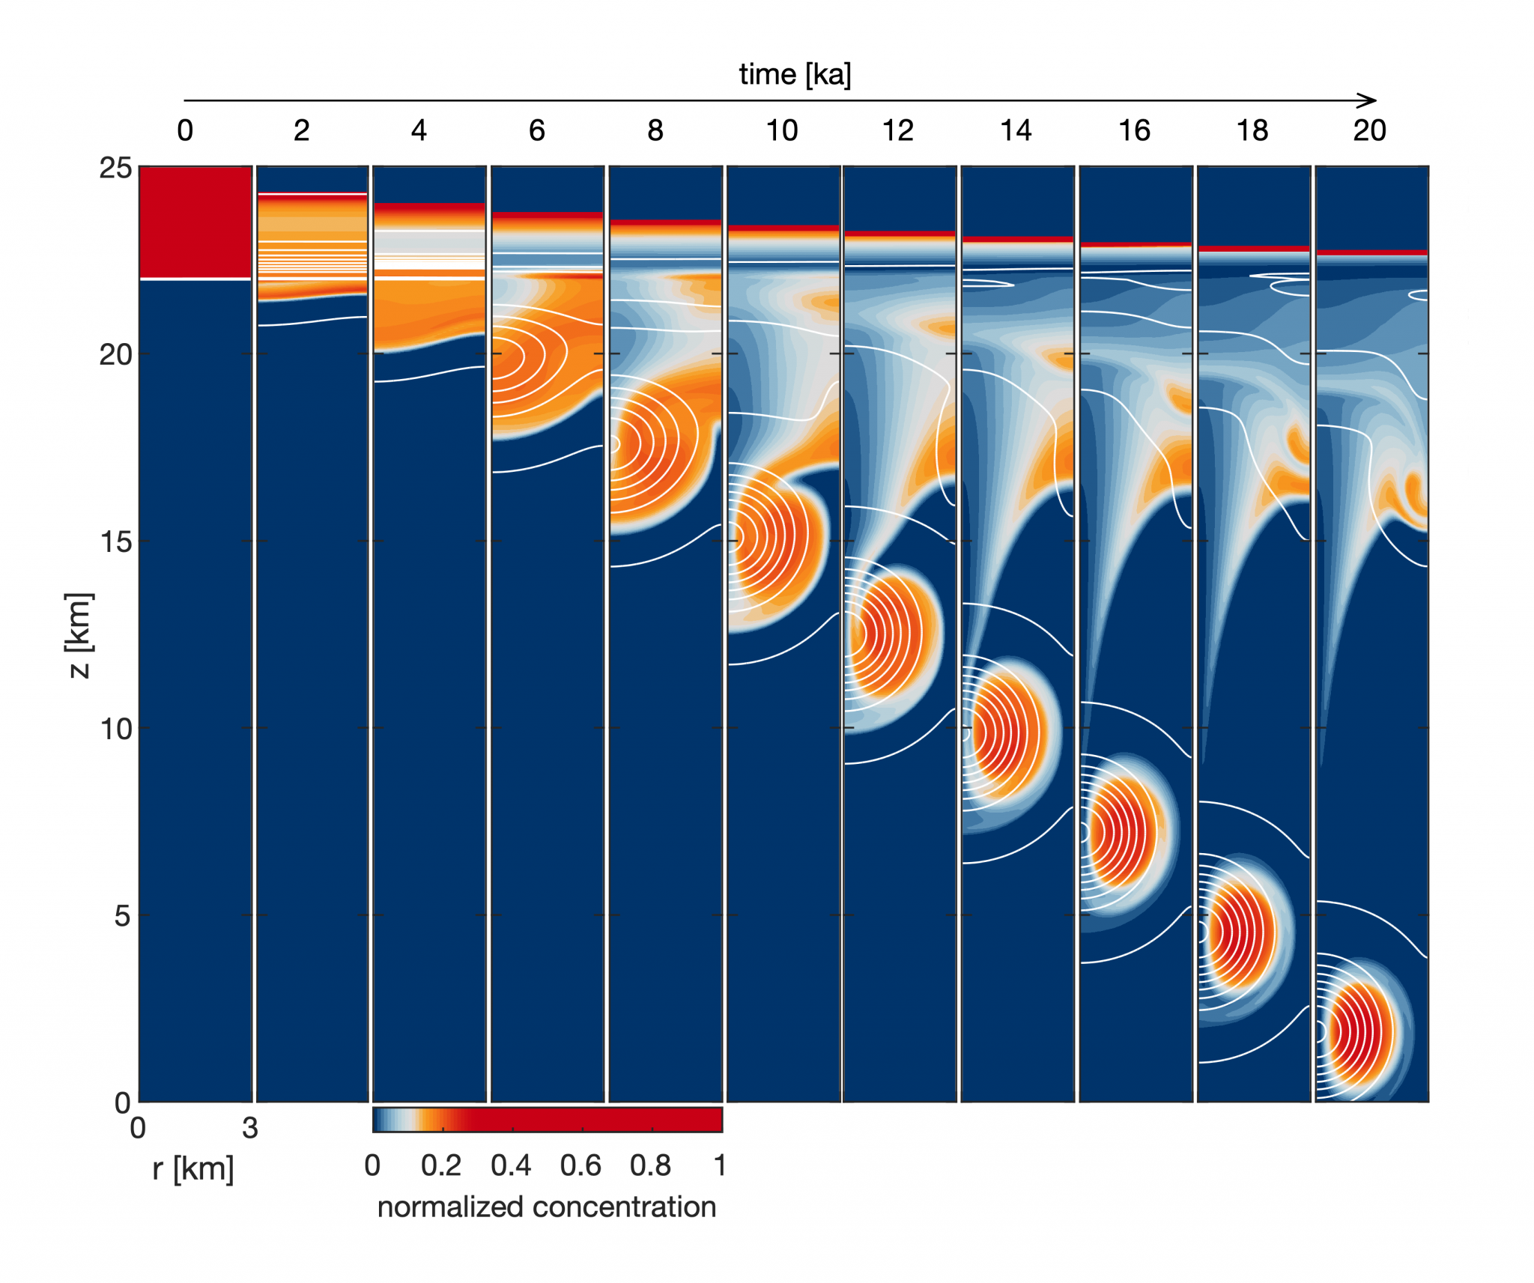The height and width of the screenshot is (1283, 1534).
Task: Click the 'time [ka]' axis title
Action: (x=795, y=75)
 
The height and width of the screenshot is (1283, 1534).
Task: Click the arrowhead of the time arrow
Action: (x=1370, y=100)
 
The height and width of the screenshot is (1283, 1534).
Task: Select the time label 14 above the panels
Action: (x=1016, y=131)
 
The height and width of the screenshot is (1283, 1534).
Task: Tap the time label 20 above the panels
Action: (x=1369, y=131)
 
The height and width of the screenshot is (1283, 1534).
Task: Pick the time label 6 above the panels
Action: (x=537, y=131)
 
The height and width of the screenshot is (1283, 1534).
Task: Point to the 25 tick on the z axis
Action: (x=115, y=168)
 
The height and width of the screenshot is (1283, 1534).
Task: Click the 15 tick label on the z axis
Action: (x=115, y=542)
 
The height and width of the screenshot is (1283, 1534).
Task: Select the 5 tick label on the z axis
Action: (x=122, y=915)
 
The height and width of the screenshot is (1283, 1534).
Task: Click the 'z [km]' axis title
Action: (x=79, y=635)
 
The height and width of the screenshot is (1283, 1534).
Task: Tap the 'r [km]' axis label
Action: (x=193, y=1169)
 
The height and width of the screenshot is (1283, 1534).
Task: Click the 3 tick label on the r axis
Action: (x=250, y=1128)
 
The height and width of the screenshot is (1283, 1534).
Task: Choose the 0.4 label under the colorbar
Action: (x=511, y=1166)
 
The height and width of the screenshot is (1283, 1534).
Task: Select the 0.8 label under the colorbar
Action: (x=650, y=1166)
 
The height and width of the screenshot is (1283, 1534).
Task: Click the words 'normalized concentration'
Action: (x=547, y=1207)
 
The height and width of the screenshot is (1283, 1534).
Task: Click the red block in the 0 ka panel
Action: (x=195, y=222)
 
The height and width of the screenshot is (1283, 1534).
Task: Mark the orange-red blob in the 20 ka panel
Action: (x=1357, y=1032)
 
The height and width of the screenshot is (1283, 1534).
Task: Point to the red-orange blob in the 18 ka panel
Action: (x=1240, y=933)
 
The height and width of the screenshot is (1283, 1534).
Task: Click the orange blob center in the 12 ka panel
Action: (x=891, y=633)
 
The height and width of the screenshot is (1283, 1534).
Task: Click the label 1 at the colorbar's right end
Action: (x=719, y=1166)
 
